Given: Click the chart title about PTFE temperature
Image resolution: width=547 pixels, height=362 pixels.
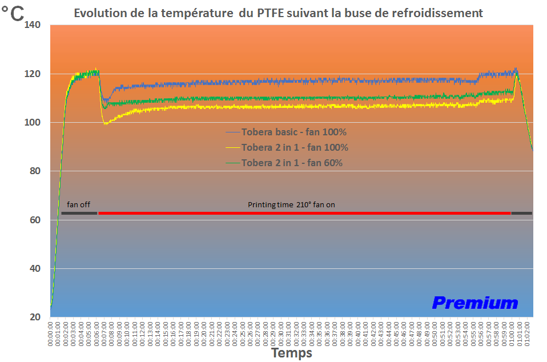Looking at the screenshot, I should point(278,13).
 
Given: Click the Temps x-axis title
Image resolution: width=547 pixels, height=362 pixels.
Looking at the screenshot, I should point(292,353).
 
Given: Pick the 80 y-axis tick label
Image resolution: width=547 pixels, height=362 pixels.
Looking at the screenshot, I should point(35,171).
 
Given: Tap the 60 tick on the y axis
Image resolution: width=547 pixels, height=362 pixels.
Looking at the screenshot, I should point(35,220).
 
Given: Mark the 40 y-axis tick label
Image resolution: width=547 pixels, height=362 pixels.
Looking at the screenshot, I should point(35,268).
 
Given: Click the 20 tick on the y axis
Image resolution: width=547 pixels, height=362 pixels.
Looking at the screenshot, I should point(35,317).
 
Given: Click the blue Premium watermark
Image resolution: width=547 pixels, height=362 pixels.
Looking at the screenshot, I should point(474,303).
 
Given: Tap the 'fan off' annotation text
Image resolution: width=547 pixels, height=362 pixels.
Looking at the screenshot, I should point(78,204).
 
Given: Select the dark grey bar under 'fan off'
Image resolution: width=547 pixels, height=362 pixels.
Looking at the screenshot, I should point(79,213).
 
